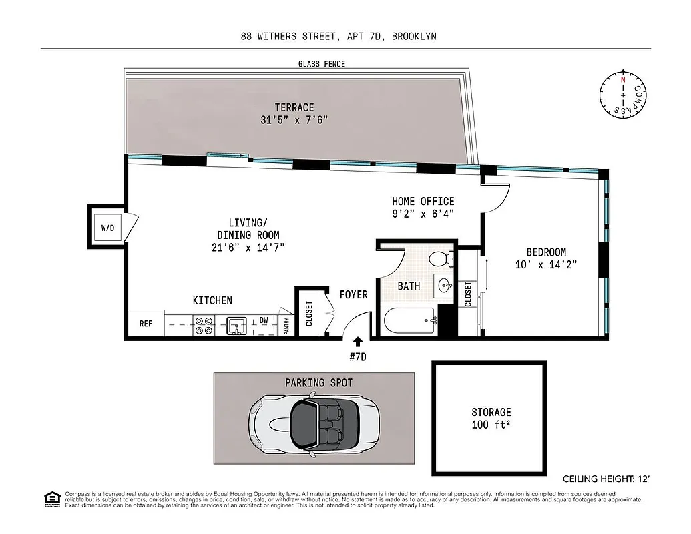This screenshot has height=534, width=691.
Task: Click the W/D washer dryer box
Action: pyautogui.click(x=107, y=228)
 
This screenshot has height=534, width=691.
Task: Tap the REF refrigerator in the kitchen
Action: pyautogui.click(x=146, y=324)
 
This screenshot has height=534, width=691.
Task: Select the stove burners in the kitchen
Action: pyautogui.click(x=203, y=325)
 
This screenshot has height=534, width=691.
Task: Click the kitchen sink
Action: pyautogui.click(x=236, y=326)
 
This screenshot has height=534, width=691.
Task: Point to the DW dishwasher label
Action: pyautogui.click(x=264, y=320)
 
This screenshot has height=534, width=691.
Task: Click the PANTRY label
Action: pyautogui.click(x=286, y=325)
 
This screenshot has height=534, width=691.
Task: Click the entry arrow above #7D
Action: pyautogui.click(x=358, y=342)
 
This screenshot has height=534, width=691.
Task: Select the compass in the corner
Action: pyautogui.click(x=623, y=95)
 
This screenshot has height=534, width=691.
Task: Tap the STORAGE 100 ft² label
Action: pyautogui.click(x=491, y=418)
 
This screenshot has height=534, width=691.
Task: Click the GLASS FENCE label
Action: pyautogui.click(x=322, y=64)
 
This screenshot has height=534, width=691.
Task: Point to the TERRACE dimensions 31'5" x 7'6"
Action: pyautogui.click(x=294, y=120)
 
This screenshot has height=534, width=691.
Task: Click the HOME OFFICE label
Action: pyautogui.click(x=423, y=201)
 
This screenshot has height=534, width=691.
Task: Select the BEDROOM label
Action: pyautogui.click(x=545, y=252)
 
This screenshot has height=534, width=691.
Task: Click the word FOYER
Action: pyautogui.click(x=353, y=294)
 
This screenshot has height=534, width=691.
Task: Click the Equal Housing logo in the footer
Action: pyautogui.click(x=50, y=498)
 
